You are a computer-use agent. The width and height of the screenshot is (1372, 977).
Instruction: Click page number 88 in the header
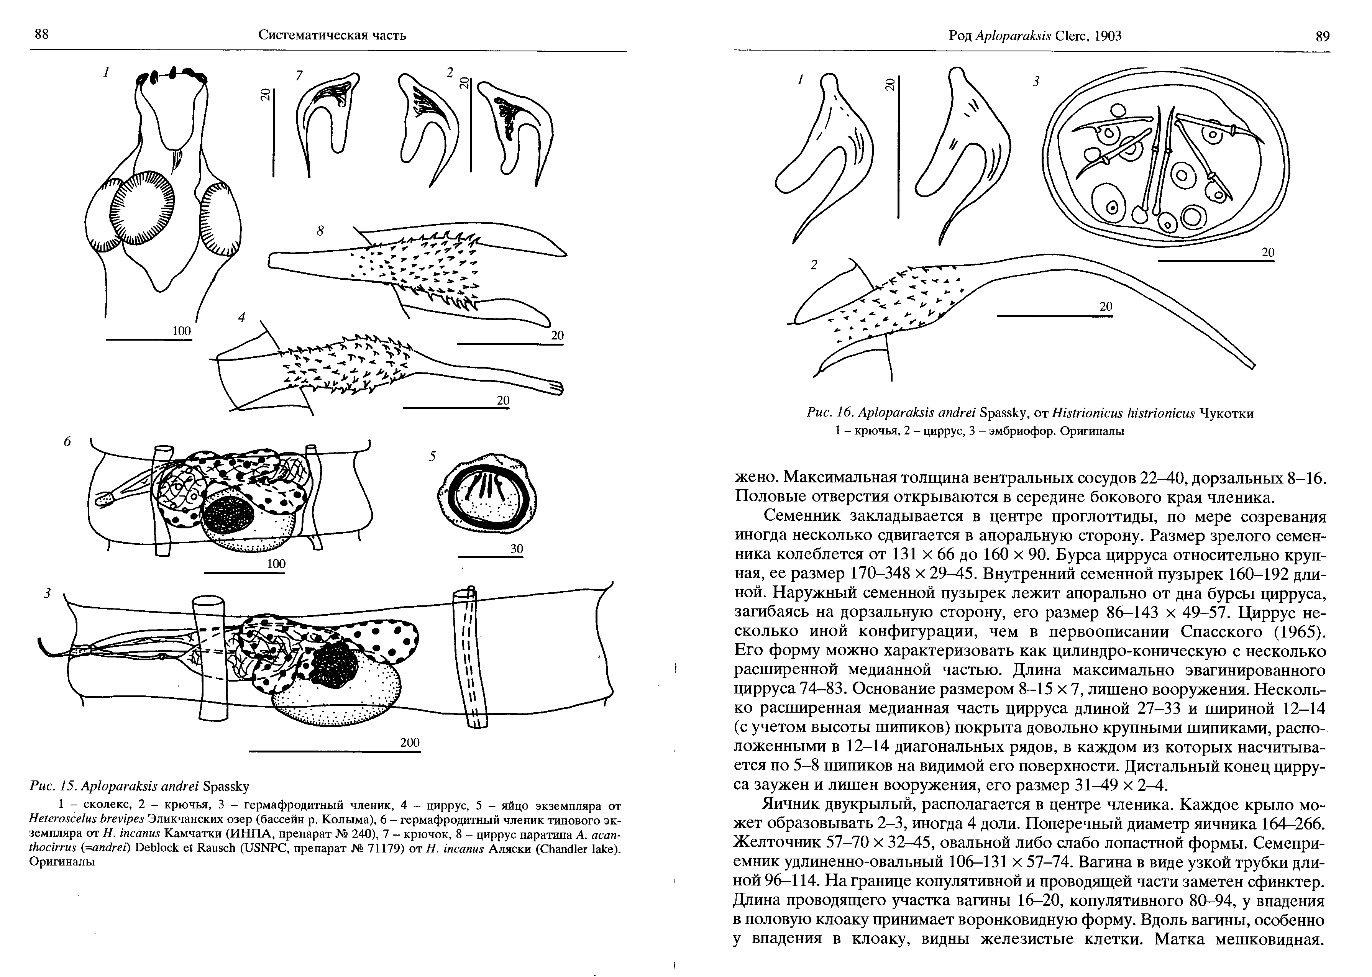tap(41, 35)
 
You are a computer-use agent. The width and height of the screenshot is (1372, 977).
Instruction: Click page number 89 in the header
tap(1323, 36)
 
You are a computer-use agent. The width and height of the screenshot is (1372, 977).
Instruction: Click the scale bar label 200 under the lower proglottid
tap(410, 743)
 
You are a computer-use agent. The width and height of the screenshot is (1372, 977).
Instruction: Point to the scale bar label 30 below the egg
tap(516, 549)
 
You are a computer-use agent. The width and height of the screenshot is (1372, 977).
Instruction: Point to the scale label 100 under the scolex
tap(181, 331)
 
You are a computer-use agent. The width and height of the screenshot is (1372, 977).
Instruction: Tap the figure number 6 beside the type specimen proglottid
tap(67, 442)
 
